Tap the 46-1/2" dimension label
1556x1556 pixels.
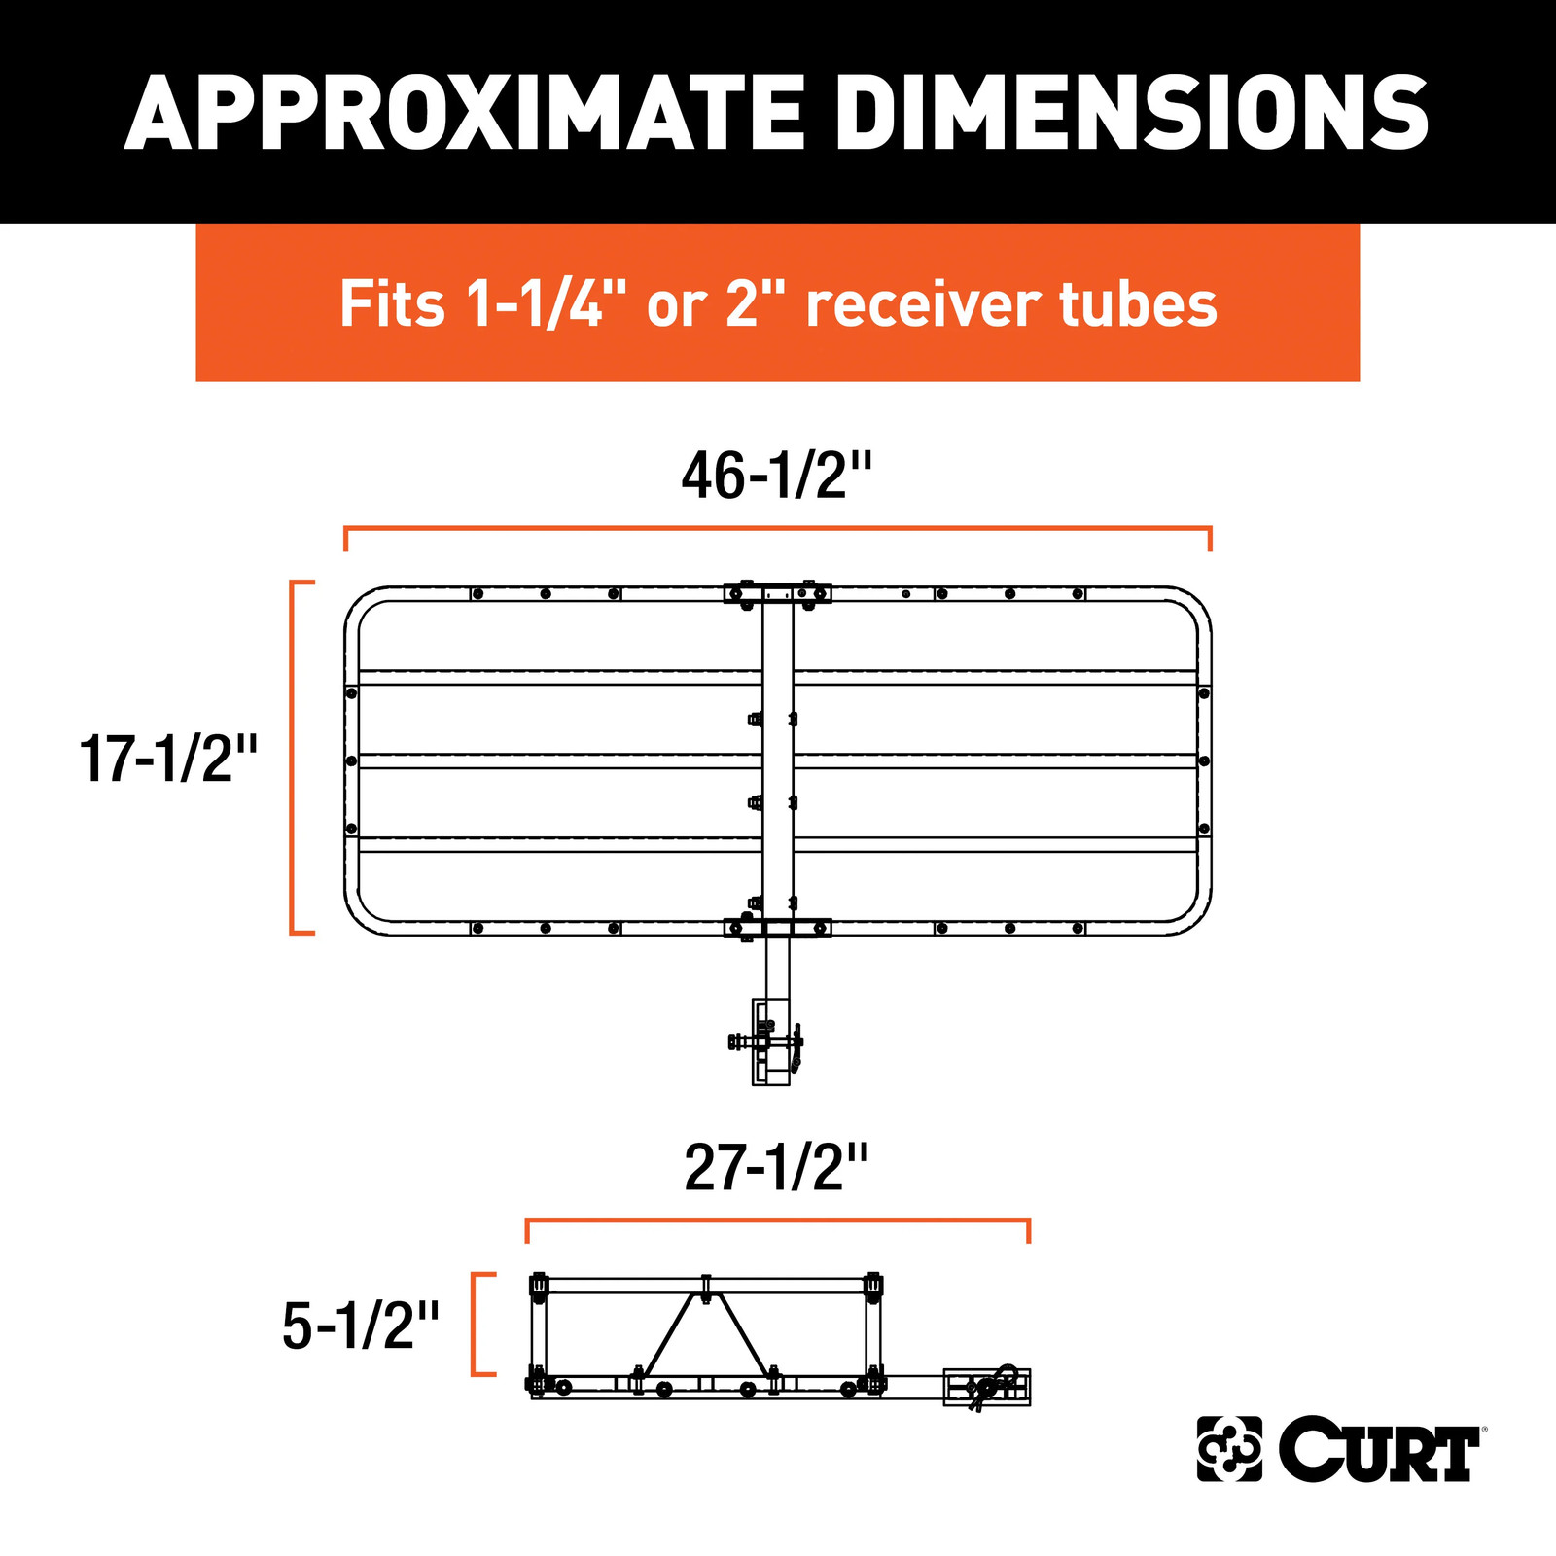(777, 477)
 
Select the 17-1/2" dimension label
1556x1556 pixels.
(168, 759)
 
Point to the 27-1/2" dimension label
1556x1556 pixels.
(776, 1168)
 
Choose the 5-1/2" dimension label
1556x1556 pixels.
(361, 1326)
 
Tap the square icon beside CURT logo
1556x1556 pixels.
(1229, 1449)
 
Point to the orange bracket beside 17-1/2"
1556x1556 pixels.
(295, 757)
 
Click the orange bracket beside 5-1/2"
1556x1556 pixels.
(477, 1324)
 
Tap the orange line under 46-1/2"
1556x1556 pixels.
(777, 529)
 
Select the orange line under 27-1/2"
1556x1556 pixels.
(777, 1220)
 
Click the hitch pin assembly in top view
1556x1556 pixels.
(768, 1043)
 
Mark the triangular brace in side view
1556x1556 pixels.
(706, 1330)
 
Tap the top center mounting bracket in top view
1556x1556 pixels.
(777, 593)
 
